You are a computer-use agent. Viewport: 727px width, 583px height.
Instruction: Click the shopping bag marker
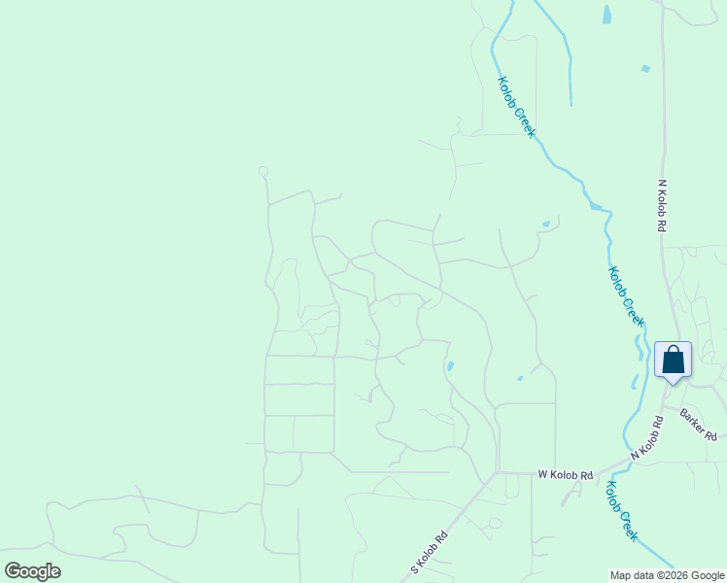[673, 360]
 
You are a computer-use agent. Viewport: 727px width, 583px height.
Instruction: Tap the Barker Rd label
[698, 423]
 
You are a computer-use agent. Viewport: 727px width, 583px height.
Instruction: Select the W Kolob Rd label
[566, 475]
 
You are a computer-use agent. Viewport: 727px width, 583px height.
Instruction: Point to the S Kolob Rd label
[430, 552]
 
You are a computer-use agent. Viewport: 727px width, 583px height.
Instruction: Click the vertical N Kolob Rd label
[661, 205]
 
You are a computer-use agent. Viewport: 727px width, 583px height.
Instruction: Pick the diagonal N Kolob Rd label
[647, 438]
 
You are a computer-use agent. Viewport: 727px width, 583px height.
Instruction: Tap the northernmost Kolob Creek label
[516, 107]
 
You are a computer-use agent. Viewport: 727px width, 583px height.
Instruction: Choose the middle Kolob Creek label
[627, 296]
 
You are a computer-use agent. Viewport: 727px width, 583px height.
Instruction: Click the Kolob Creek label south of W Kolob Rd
[622, 511]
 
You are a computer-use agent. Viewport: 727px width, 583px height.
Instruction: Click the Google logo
[32, 571]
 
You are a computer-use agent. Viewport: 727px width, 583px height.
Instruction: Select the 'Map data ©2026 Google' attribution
[667, 575]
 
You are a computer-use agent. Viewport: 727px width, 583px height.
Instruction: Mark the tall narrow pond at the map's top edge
[606, 14]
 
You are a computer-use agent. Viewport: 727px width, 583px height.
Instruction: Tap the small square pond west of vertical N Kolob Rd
[645, 69]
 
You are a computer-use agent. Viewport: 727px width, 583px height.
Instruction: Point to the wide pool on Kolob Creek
[595, 206]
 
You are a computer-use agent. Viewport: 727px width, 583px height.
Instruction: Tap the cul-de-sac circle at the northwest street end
[262, 172]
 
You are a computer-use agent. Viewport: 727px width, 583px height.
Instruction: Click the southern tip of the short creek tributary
[571, 103]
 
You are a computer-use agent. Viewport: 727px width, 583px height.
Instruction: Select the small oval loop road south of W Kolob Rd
[495, 523]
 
